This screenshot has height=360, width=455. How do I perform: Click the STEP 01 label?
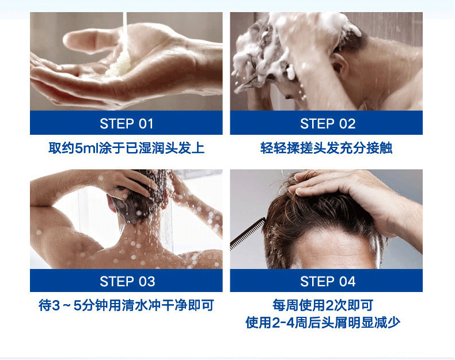pos(126,123)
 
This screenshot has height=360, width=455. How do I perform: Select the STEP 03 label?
pos(126,281)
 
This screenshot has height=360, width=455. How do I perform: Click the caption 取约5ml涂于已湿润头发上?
pos(126,148)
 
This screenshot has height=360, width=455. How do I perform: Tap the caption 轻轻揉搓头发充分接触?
pos(327,148)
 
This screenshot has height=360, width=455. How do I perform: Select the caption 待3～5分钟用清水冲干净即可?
pos(126,305)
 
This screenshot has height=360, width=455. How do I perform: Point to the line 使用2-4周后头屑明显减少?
pos(323,323)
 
